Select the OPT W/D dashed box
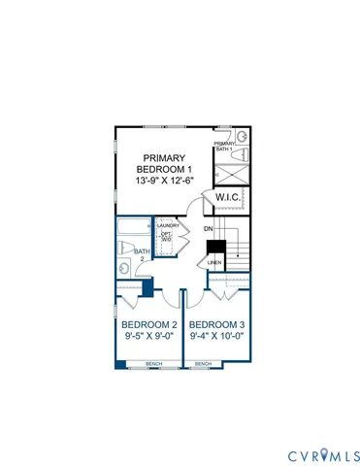[167, 241]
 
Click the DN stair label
[208, 229]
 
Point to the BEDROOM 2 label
[148, 325]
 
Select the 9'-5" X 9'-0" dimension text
[148, 340]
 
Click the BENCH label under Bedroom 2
[153, 364]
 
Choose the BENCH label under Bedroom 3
[203, 364]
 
